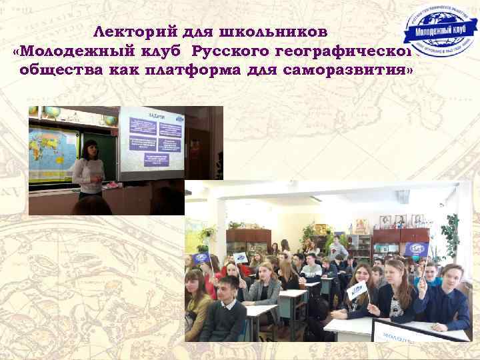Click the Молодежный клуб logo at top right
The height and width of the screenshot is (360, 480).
click(441, 33)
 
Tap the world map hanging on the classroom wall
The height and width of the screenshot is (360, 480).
click(53, 153)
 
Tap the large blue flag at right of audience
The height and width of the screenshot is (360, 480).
click(414, 250)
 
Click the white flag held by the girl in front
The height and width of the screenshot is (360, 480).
click(358, 291)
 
